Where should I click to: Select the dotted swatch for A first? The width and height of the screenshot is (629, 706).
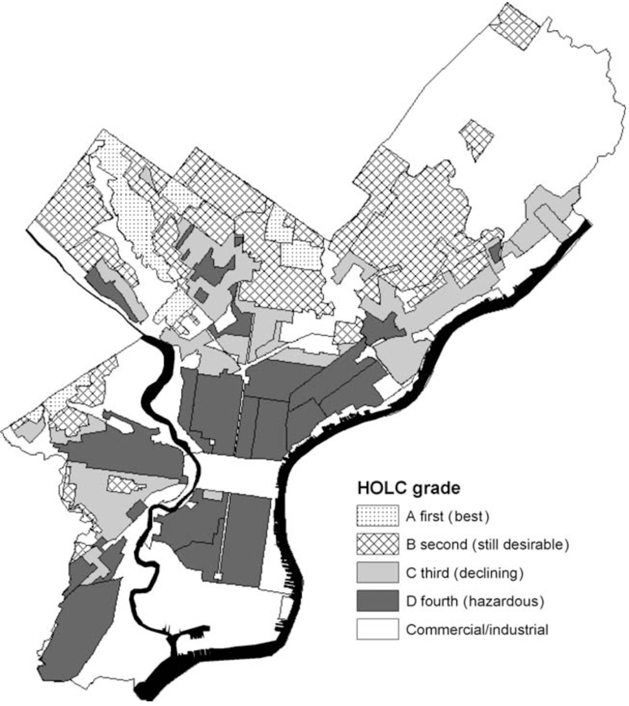(377, 516)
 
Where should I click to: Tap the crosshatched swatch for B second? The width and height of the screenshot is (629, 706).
(377, 545)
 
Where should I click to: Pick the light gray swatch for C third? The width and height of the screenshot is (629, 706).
(377, 573)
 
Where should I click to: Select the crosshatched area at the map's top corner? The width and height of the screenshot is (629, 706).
(516, 25)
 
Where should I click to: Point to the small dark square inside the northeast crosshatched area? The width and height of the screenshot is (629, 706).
(495, 251)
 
